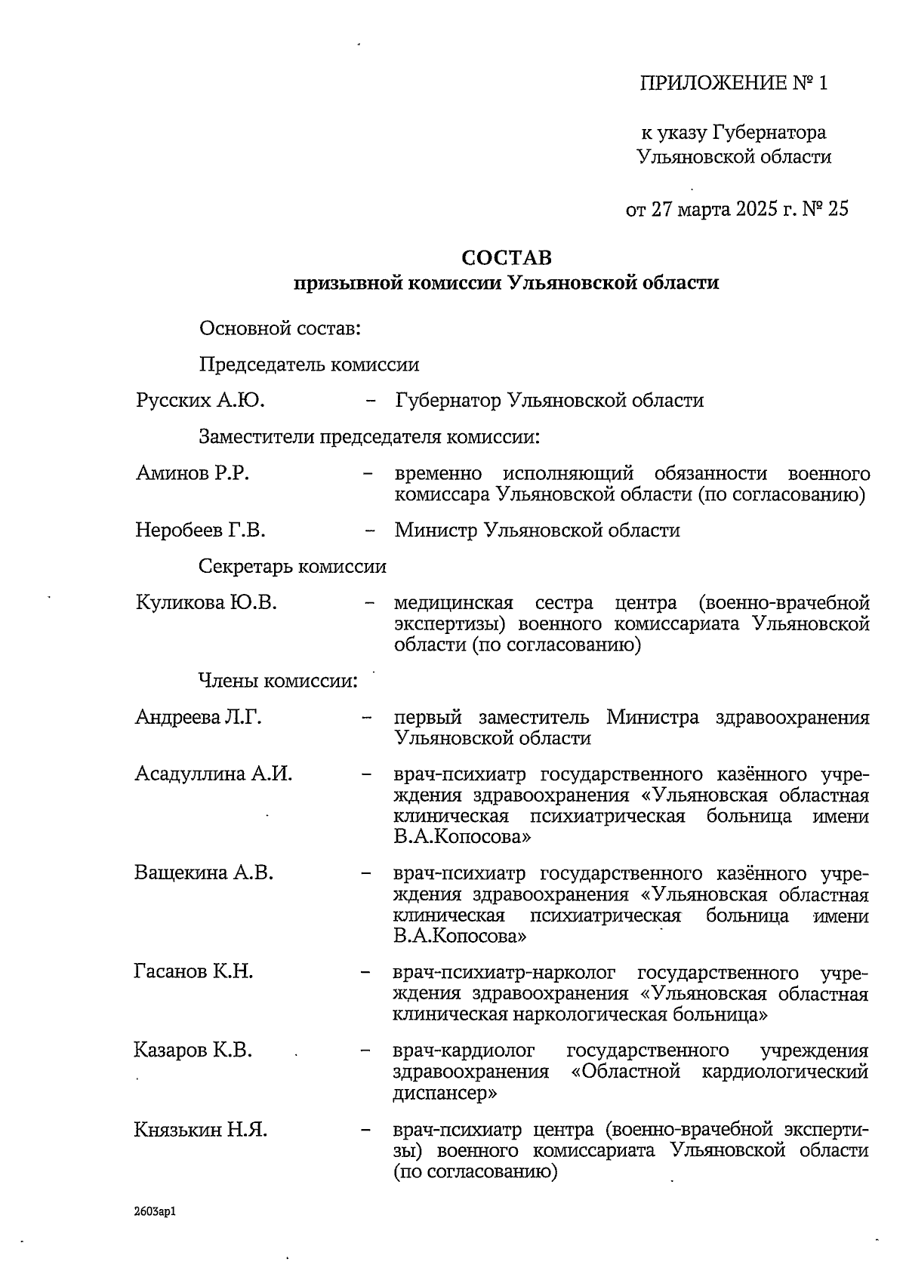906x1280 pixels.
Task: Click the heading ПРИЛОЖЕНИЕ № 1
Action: pos(734,83)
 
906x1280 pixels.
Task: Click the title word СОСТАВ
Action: pos(507,258)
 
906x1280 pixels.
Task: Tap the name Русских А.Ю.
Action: pos(200,400)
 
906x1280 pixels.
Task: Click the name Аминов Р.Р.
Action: pos(193,473)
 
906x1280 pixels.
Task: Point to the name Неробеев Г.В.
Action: pos(200,530)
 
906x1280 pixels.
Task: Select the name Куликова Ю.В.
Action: pos(206,603)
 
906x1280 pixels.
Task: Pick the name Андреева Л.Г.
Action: pos(199,717)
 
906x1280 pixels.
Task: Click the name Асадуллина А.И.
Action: pos(213,774)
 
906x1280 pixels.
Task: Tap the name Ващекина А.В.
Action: pos(204,873)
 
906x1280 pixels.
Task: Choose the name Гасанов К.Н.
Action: pos(193,971)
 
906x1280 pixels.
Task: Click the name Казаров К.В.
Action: pos(193,1051)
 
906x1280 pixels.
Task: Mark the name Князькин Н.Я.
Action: pos(200,1131)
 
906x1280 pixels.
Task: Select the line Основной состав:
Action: pos(279,329)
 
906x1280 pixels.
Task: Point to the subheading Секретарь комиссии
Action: pos(293,567)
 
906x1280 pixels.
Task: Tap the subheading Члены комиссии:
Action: pos(277,681)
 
